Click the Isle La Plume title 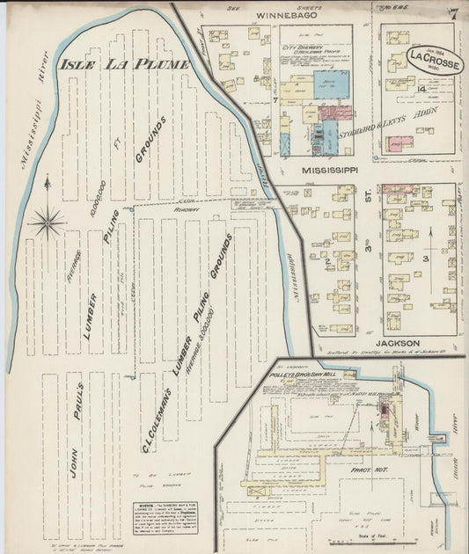pyautogui.click(x=124, y=64)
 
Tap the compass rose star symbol pyautogui.click(x=46, y=220)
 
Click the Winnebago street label pyautogui.click(x=284, y=15)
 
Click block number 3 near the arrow pyautogui.click(x=424, y=259)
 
